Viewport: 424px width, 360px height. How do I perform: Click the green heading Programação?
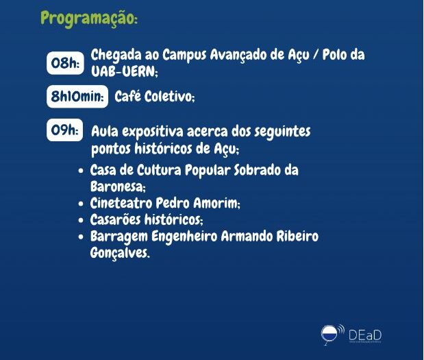click(89, 19)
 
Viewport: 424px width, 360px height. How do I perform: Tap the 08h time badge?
click(65, 63)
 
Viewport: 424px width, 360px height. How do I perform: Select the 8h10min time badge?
click(77, 97)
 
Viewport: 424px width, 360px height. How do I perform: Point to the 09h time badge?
click(64, 130)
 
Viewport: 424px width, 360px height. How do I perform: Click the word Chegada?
click(116, 56)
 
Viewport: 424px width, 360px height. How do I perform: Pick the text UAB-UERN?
click(125, 72)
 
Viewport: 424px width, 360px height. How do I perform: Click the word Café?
click(127, 96)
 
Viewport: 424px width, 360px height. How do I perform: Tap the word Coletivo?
click(169, 97)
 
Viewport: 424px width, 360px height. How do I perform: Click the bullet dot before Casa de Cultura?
click(81, 171)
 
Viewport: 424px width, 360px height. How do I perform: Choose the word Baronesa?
click(118, 187)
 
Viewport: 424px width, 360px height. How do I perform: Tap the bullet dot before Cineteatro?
click(81, 204)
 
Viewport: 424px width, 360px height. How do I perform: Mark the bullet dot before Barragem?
click(81, 237)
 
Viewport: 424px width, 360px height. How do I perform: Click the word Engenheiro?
click(184, 237)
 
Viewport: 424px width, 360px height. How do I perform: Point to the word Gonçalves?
click(120, 253)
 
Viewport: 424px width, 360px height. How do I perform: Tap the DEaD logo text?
click(365, 335)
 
